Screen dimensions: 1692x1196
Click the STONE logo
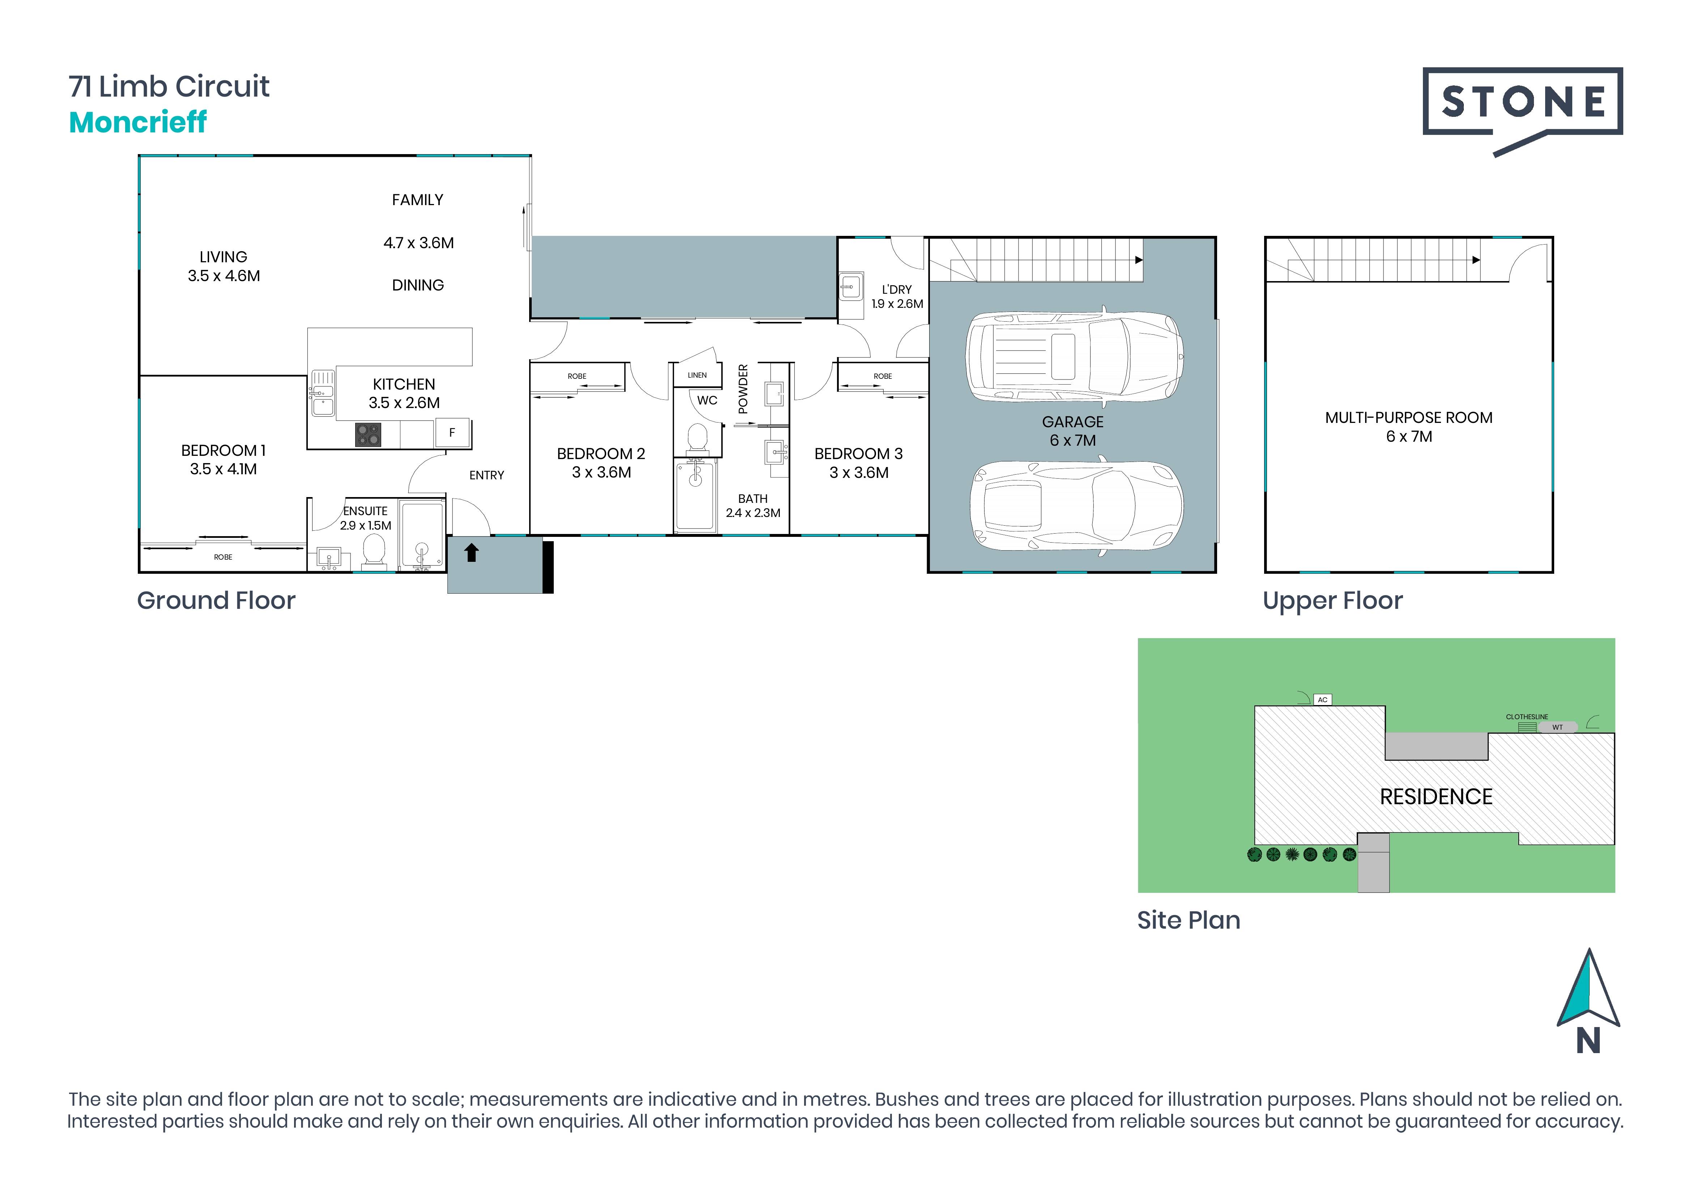pyautogui.click(x=1522, y=111)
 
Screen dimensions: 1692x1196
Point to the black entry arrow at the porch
pyautogui.click(x=472, y=552)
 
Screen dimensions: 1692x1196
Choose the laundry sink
pyautogui.click(x=851, y=287)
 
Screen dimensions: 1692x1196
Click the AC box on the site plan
pyautogui.click(x=1323, y=699)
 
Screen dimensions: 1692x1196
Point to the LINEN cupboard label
pyautogui.click(x=697, y=375)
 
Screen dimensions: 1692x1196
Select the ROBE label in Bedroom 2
pyautogui.click(x=577, y=376)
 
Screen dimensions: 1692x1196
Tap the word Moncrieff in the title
pyautogui.click(x=138, y=122)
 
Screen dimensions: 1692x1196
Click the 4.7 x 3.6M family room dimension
pyautogui.click(x=418, y=242)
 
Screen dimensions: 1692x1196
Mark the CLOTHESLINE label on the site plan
pyautogui.click(x=1527, y=716)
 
